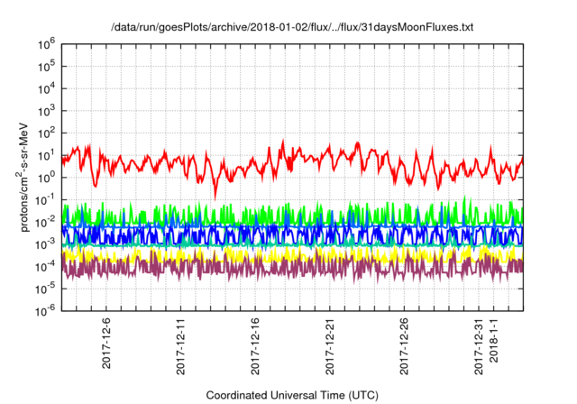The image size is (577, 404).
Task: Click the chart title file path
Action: pyautogui.click(x=291, y=28)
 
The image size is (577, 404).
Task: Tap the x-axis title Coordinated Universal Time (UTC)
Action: pyautogui.click(x=291, y=395)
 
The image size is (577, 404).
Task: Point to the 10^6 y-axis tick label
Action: pyautogui.click(x=48, y=43)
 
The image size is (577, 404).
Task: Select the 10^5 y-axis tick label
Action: pyautogui.click(x=48, y=65)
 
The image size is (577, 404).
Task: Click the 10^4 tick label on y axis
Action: pyautogui.click(x=48, y=87)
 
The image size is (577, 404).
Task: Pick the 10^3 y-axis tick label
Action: pyautogui.click(x=48, y=110)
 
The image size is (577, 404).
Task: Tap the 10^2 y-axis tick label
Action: pyautogui.click(x=48, y=132)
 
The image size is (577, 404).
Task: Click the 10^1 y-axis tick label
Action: pyautogui.click(x=48, y=154)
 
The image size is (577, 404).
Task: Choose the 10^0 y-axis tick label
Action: pyautogui.click(x=48, y=177)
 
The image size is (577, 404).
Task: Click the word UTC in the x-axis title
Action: pyautogui.click(x=362, y=395)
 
